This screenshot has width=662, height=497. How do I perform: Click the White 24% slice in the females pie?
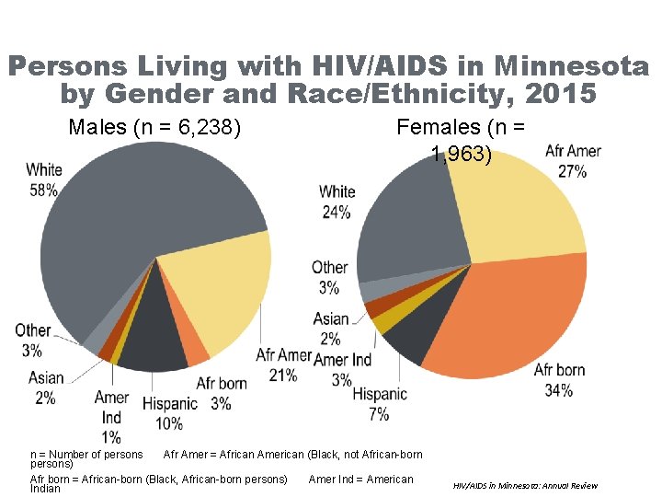(x=405, y=221)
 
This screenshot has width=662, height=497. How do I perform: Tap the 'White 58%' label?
(x=43, y=179)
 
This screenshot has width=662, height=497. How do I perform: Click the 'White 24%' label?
(x=337, y=202)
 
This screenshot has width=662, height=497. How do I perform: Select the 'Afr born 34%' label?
(x=559, y=380)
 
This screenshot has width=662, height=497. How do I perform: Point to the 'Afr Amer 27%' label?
(x=573, y=161)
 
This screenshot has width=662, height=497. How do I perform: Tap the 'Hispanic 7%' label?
(x=379, y=403)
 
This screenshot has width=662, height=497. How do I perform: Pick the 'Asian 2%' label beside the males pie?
(x=46, y=387)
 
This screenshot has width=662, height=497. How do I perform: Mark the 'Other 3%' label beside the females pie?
(x=329, y=277)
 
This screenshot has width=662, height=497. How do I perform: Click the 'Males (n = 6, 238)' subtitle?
(x=154, y=128)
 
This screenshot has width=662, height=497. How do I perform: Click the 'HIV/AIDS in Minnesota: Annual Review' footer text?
(x=526, y=485)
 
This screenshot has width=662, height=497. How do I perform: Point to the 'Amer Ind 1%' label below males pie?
(x=111, y=417)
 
